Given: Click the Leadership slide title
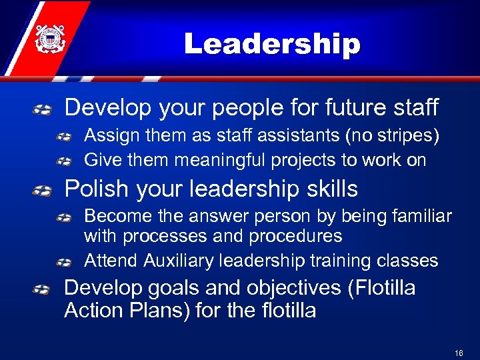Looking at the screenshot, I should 272,44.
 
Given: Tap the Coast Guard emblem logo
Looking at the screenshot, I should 49,38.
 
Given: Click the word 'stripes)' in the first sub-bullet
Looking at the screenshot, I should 411,136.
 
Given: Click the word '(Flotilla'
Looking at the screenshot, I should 377,288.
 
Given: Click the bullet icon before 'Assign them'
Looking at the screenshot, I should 65,137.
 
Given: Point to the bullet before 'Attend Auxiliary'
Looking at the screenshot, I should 65,261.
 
